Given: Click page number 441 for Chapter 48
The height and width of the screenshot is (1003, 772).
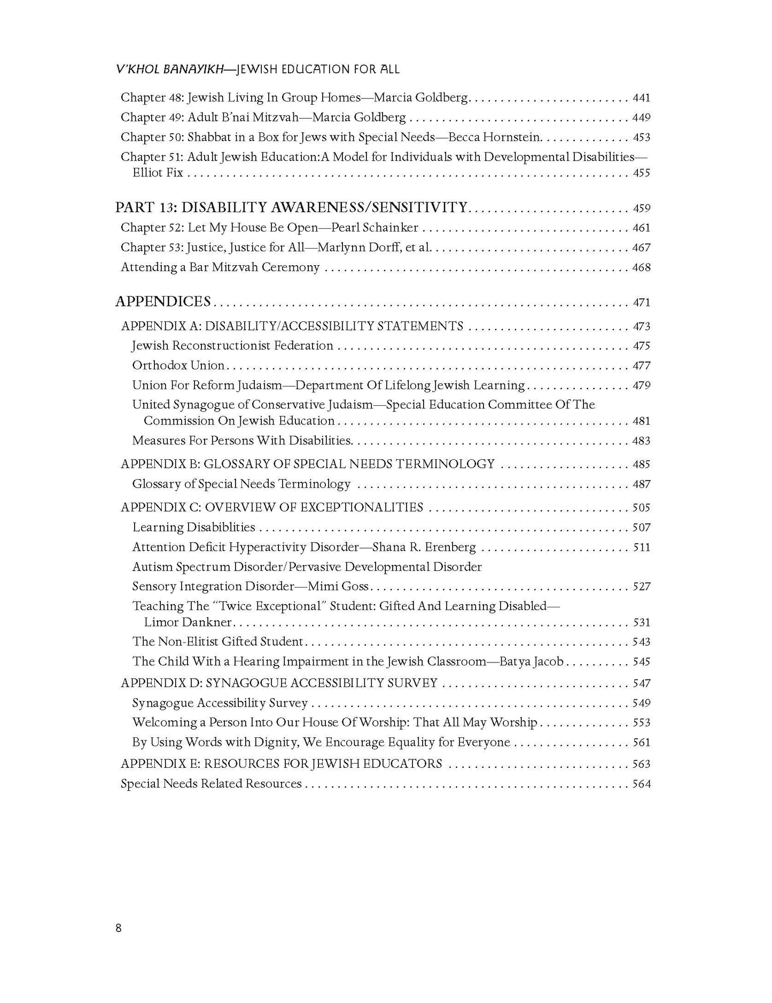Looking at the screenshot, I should tap(641, 98).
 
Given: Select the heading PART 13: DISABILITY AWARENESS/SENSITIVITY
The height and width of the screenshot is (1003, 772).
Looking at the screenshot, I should tap(291, 207).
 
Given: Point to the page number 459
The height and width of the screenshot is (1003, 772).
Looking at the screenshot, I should tap(641, 209).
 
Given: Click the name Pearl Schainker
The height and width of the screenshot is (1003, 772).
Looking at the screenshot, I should tap(375, 228).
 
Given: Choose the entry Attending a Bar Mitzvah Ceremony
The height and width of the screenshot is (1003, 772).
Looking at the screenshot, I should tap(220, 267).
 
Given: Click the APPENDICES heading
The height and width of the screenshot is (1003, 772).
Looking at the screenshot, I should tap(163, 302).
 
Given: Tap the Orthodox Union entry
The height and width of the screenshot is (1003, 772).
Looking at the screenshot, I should tap(178, 366).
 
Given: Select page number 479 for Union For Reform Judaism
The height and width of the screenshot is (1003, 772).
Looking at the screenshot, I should tap(641, 385).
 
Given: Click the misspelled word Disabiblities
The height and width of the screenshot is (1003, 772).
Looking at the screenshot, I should tap(221, 528).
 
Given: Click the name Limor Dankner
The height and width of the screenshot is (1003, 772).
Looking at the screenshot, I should tap(188, 622).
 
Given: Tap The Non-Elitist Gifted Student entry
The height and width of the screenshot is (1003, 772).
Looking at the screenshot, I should tap(218, 642).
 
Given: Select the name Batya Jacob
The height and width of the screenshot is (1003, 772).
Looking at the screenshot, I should tap(532, 662).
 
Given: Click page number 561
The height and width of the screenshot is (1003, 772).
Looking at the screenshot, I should tap(641, 743).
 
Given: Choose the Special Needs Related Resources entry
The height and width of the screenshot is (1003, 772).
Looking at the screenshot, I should tap(211, 784).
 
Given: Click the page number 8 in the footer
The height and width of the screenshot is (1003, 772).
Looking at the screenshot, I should tap(119, 928).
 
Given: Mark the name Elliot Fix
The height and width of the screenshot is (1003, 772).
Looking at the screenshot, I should tap(158, 173).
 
